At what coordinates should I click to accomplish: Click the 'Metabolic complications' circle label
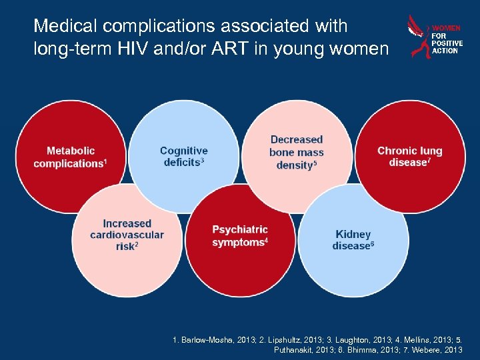click(x=70, y=157)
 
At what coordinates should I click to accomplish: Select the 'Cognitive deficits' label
click(x=183, y=157)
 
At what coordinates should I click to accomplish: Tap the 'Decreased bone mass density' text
click(x=297, y=152)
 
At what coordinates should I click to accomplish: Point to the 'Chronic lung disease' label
click(x=409, y=157)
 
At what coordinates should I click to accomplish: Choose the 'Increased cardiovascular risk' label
click(x=127, y=235)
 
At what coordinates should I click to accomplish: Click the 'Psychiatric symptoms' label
click(x=240, y=235)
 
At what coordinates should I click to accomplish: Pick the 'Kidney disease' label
click(x=353, y=240)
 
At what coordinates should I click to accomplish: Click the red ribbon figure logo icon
click(x=418, y=37)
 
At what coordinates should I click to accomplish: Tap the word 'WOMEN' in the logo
click(x=446, y=29)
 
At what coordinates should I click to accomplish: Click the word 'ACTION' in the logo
click(x=445, y=51)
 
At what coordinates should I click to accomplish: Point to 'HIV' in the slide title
click(x=157, y=49)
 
